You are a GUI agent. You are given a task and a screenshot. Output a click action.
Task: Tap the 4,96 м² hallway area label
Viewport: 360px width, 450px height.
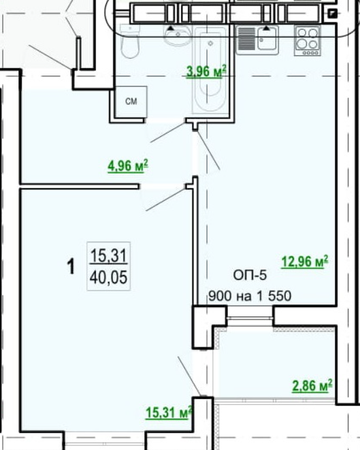pyautogui.click(x=128, y=166)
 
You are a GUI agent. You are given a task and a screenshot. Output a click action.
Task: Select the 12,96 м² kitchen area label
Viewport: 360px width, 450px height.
pyautogui.click(x=305, y=261)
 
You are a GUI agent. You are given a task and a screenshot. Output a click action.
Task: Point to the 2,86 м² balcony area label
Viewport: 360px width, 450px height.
pyautogui.click(x=312, y=385)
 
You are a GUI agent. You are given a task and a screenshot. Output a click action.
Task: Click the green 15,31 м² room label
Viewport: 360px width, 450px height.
pyautogui.click(x=168, y=413)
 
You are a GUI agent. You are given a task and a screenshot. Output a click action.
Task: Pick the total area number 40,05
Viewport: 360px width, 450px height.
pyautogui.click(x=108, y=278)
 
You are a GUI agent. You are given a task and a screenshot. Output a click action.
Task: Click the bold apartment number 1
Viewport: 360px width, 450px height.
pyautogui.click(x=71, y=266)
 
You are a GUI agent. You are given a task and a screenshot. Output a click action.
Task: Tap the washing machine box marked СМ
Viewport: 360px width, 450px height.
pyautogui.click(x=131, y=102)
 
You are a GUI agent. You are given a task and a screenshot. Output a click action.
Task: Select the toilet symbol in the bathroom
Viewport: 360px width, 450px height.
pyautogui.click(x=130, y=41)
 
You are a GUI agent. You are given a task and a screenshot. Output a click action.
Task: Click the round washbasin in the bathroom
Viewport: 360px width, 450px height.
pyautogui.click(x=177, y=35)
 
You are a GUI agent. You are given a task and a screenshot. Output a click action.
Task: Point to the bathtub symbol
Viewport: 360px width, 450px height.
pyautogui.click(x=211, y=69)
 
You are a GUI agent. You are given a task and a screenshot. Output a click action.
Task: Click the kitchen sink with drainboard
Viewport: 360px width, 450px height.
pyautogui.click(x=257, y=39)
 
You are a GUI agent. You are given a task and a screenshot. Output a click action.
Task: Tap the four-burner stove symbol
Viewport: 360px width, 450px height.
pyautogui.click(x=307, y=41)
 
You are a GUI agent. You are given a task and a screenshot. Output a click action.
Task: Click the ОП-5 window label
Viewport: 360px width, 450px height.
pyautogui.click(x=250, y=275)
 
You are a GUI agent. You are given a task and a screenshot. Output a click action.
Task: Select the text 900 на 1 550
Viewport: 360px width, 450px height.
pyautogui.click(x=250, y=295)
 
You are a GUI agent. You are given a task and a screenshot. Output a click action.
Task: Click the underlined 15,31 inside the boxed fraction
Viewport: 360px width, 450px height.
pyautogui.click(x=108, y=255)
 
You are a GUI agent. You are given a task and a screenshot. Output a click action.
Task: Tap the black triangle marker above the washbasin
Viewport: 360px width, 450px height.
pyautogui.click(x=171, y=28)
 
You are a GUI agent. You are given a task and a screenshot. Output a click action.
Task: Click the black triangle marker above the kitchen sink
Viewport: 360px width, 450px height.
pyautogui.click(x=267, y=28)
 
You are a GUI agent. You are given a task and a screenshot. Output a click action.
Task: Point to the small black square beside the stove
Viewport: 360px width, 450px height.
pyautogui.click(x=332, y=13)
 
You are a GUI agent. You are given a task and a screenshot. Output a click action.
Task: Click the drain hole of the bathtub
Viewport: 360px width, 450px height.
pyautogui.click(x=210, y=44)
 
